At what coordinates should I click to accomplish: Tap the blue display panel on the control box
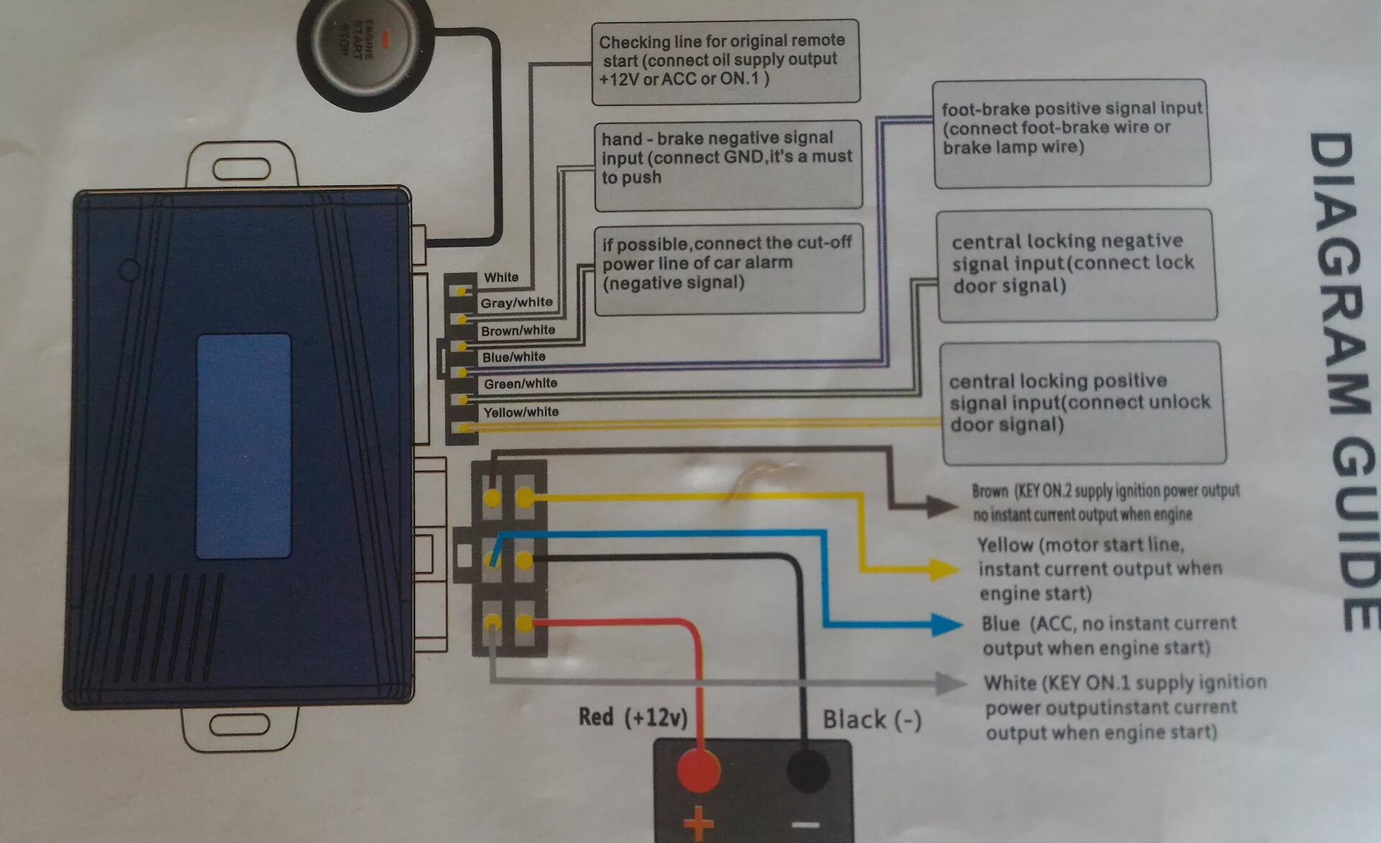(x=243, y=446)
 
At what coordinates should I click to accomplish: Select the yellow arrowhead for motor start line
(x=943, y=569)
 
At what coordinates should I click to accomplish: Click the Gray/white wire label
(x=516, y=303)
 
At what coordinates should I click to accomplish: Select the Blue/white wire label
(x=514, y=356)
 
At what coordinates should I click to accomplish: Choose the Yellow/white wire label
(x=521, y=412)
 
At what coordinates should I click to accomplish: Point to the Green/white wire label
(x=520, y=384)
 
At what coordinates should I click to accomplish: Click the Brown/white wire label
(x=518, y=330)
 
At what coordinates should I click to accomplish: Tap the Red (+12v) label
(x=633, y=717)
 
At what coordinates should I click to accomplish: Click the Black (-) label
(x=872, y=719)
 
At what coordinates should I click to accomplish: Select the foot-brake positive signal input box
(x=1071, y=134)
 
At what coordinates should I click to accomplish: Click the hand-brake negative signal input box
(x=728, y=165)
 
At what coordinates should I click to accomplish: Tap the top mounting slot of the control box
(x=241, y=170)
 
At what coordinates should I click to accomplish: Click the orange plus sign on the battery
(x=698, y=824)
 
